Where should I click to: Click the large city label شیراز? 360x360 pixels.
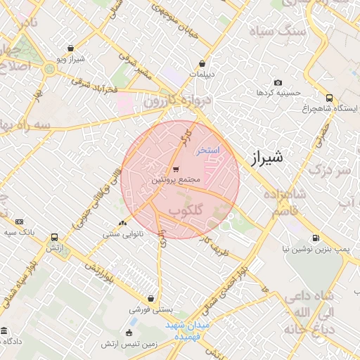pos(266,157)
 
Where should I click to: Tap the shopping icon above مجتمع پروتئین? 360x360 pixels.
pos(175,169)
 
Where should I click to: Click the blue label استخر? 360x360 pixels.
pos(208,150)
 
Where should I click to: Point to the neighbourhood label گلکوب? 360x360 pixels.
pos(187,210)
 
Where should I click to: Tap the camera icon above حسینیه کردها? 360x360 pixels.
pos(278,82)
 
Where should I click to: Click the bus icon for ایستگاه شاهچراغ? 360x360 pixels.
pos(330,98)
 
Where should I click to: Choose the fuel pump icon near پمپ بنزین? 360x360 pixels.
pos(315,238)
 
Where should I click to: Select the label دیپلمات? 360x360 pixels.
pos(202,73)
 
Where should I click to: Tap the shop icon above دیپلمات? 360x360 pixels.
pos(202,62)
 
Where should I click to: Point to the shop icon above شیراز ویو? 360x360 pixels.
pos(70,48)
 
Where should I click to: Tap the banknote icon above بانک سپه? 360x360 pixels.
pos(19,221)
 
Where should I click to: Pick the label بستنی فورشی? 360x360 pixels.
pos(150,309)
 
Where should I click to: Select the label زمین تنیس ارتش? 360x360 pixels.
pos(129,345)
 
